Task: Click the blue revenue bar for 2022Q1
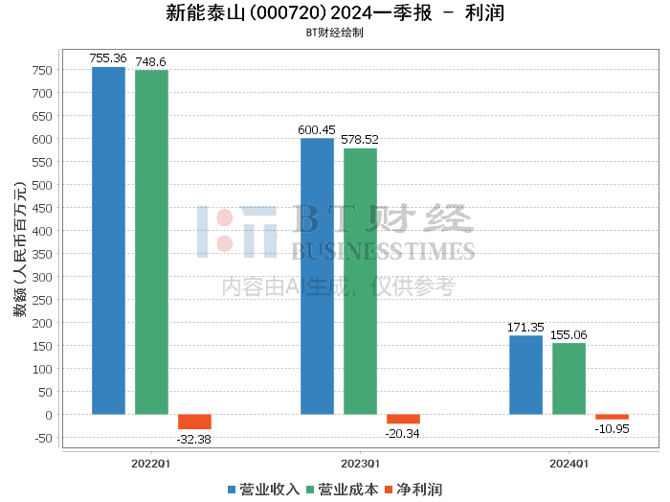tap(108, 240)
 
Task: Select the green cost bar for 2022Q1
tap(151, 242)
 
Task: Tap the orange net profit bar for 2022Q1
tap(194, 422)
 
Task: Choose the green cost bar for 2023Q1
tap(360, 282)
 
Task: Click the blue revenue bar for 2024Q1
tap(525, 375)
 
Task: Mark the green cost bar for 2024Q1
tap(569, 378)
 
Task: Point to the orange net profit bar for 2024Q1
tap(612, 417)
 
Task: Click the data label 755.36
tap(108, 58)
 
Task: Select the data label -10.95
tap(612, 428)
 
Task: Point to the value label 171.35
tap(525, 327)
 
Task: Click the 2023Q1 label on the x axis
tap(360, 463)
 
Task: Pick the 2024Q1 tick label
tap(569, 463)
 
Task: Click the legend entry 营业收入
tap(264, 490)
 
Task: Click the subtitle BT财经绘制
tap(334, 32)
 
